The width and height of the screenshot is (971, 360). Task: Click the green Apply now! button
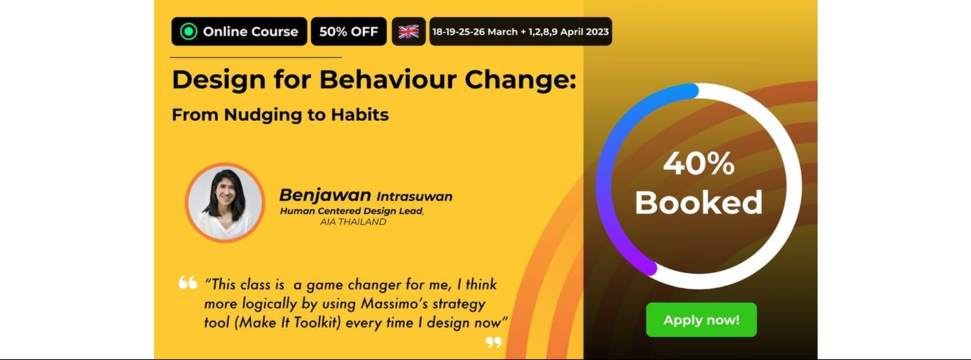[x=701, y=320]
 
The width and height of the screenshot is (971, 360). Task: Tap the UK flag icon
[x=408, y=32]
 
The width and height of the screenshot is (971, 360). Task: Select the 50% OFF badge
[x=348, y=32]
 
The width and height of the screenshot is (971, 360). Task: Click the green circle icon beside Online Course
[x=188, y=32]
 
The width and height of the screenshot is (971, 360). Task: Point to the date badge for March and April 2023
[x=520, y=32]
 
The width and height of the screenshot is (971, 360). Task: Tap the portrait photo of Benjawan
[x=225, y=202]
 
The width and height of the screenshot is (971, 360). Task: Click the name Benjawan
[x=324, y=196]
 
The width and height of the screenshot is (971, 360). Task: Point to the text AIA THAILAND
[x=353, y=222]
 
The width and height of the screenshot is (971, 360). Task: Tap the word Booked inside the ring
[x=698, y=203]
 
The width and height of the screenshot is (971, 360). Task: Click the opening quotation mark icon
[x=188, y=283]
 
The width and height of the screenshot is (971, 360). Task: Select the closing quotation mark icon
[x=493, y=342]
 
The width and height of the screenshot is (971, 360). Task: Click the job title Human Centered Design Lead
[x=352, y=211]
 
